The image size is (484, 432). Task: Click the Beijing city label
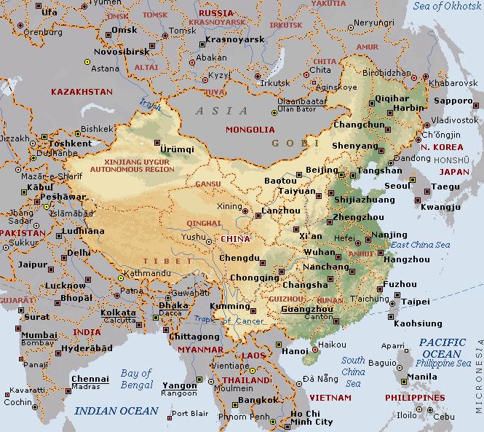tap(322, 170)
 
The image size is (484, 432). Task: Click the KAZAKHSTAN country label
tap(80, 92)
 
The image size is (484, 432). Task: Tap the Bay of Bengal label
tap(135, 378)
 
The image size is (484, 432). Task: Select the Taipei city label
tap(416, 301)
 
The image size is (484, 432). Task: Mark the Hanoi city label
tap(295, 351)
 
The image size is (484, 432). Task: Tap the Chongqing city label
tap(253, 278)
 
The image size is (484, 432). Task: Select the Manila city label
tap(423, 377)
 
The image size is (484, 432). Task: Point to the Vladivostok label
tap(456, 119)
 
